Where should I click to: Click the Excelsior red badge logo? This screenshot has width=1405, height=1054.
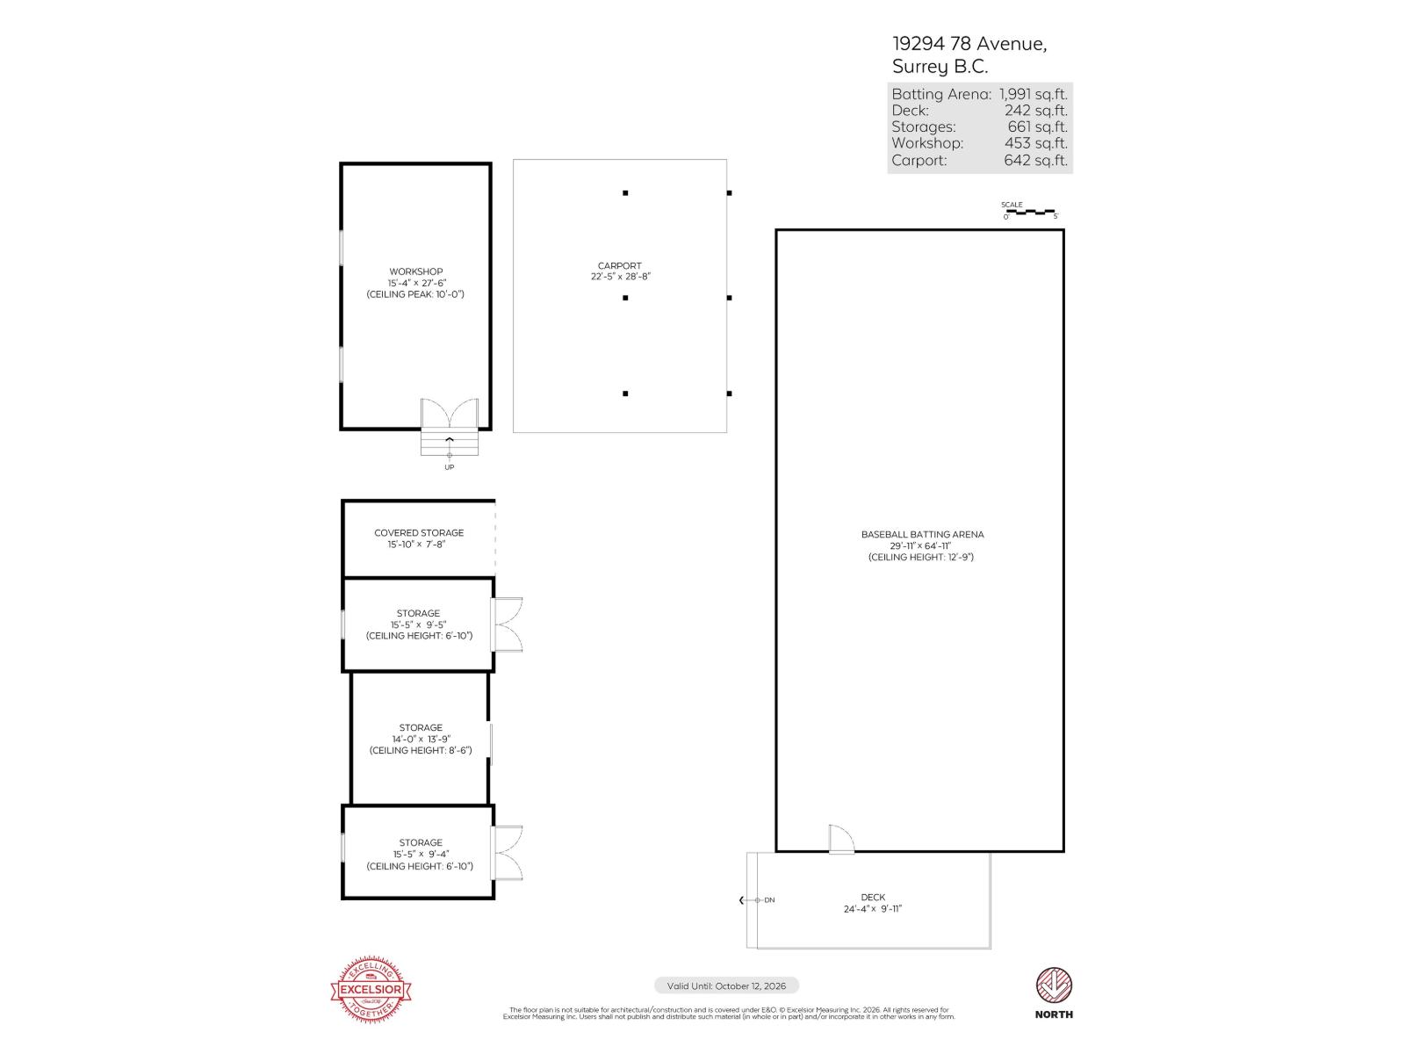pos(371,990)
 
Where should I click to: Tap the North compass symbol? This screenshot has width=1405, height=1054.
pos(1054,985)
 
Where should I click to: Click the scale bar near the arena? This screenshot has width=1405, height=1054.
pos(1030,212)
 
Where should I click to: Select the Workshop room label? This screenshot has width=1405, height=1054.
pos(416,271)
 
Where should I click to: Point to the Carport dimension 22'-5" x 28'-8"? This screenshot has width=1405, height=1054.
pos(620,277)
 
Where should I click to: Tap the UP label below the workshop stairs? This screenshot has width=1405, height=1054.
pos(449,467)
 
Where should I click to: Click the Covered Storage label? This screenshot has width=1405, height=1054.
pos(419,532)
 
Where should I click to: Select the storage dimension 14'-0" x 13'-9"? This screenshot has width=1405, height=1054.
pos(421,739)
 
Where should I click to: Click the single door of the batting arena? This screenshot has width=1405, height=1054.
pos(840,839)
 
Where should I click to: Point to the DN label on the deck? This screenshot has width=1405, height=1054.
pos(769,900)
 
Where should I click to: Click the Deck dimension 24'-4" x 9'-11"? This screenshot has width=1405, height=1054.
pos(873,909)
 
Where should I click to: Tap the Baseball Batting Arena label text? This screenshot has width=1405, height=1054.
pos(922,534)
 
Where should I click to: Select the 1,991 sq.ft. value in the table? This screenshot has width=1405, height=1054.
pos(1034,94)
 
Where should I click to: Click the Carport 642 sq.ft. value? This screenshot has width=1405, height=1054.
pos(1036,160)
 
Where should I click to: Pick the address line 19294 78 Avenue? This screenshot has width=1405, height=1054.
pos(969,44)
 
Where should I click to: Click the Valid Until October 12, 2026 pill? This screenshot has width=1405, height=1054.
pos(726,985)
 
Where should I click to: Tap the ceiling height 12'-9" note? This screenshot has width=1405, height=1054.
pos(921,557)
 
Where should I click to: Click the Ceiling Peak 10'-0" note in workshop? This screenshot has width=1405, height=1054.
pos(415,294)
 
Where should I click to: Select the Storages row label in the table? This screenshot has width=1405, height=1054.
pos(924,126)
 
